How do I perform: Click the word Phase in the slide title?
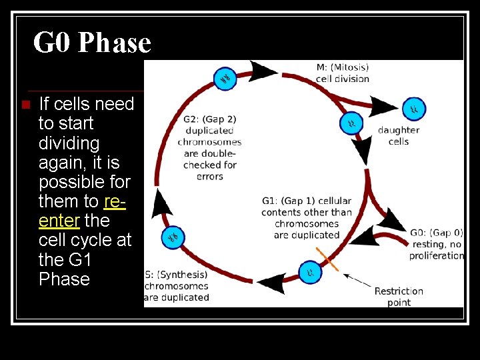(115, 43)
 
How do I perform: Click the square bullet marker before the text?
(25, 105)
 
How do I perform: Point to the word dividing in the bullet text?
(69, 143)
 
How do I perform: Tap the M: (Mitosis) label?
(343, 67)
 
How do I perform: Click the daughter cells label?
(399, 136)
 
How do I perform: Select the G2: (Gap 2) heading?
(209, 119)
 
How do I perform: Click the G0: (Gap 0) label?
(436, 233)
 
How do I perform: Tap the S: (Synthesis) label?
(177, 275)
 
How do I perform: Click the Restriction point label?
(399, 297)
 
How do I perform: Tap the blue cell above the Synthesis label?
(173, 236)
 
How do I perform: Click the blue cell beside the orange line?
(309, 271)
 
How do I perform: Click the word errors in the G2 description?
(209, 177)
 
